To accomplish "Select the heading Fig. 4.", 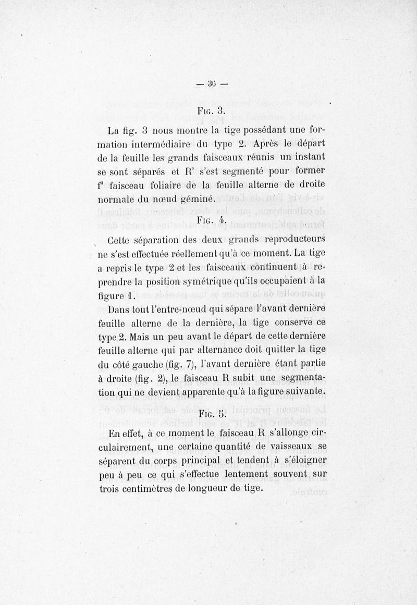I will (x=210, y=220).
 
